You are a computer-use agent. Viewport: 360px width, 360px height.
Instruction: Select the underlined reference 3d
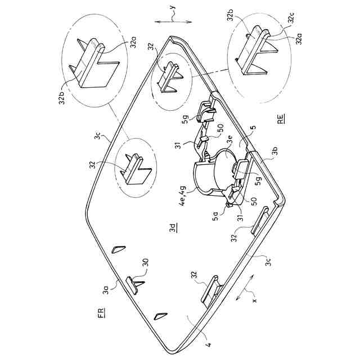pyautogui.click(x=173, y=228)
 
